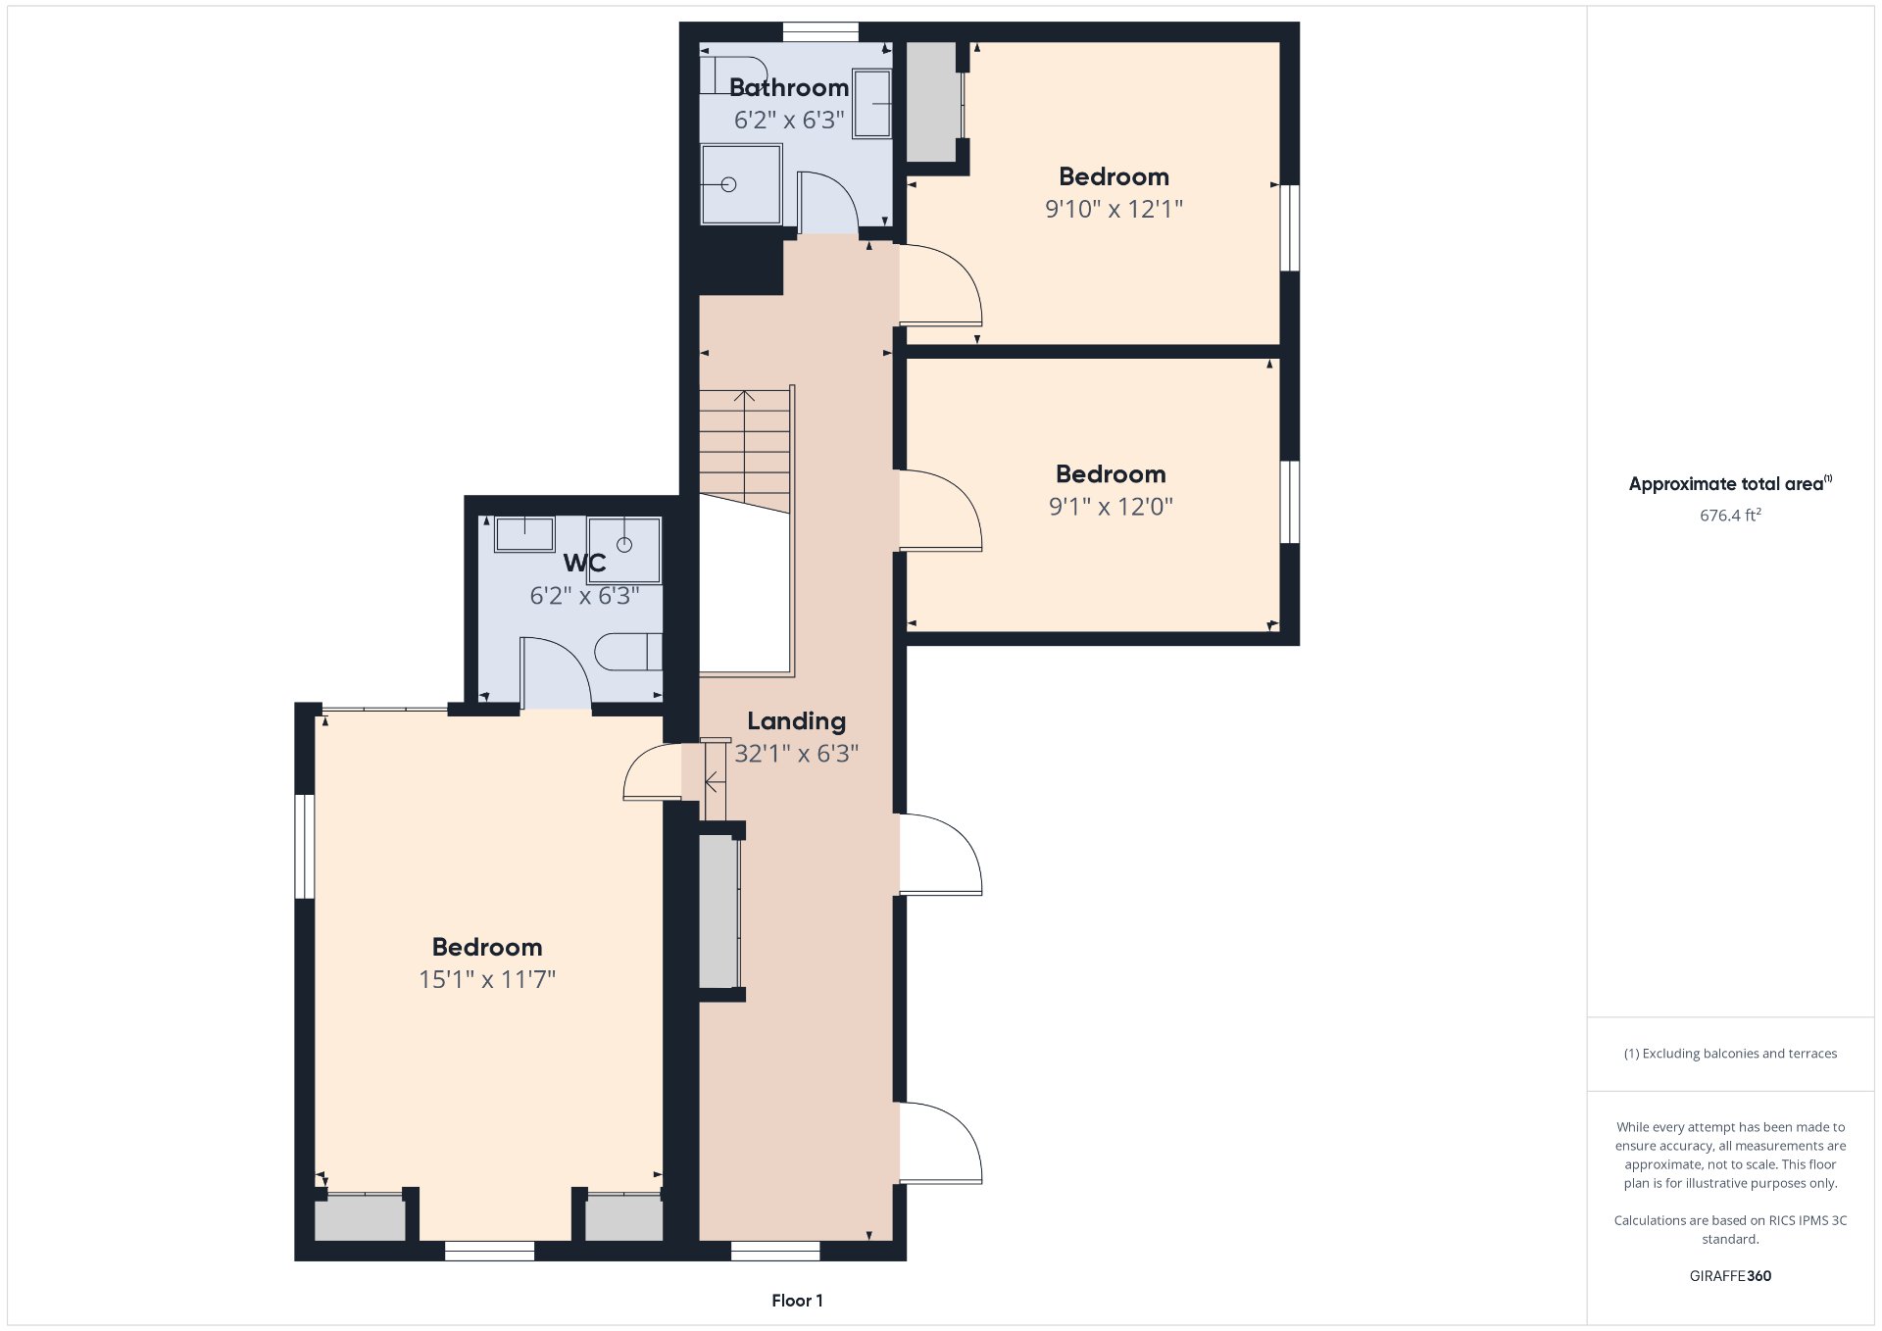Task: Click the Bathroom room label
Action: tap(789, 88)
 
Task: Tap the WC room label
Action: tap(584, 564)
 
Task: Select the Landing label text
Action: tap(796, 722)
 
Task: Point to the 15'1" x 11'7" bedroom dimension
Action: tap(487, 979)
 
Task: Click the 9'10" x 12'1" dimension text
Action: tap(1114, 209)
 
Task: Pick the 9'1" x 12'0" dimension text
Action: tap(1111, 507)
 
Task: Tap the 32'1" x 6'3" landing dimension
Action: tap(796, 754)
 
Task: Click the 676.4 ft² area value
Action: tap(1730, 516)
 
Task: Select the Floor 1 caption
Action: tap(797, 1301)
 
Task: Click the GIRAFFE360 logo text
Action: tap(1730, 1276)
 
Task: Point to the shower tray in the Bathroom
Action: tap(741, 184)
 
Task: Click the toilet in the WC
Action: tap(628, 652)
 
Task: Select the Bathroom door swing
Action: tap(828, 203)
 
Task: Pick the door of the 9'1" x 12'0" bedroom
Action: tap(941, 511)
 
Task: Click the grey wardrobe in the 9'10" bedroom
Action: tap(932, 102)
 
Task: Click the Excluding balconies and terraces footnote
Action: tap(1730, 1054)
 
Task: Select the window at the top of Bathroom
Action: tap(820, 32)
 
